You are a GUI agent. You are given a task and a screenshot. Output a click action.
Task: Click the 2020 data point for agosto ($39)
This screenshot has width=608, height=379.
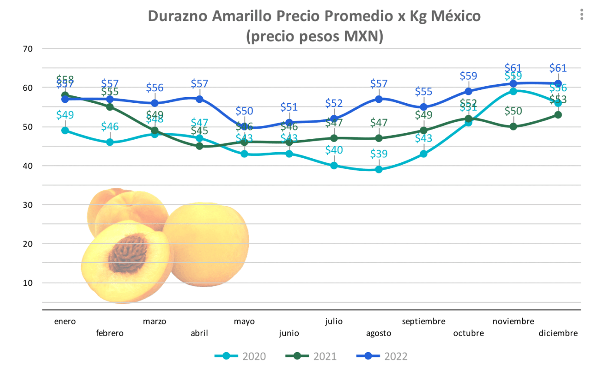coord(379,170)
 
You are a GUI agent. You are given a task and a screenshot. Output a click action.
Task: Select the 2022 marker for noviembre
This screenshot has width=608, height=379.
coord(513,84)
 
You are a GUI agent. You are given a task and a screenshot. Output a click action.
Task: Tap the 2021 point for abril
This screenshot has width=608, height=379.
coord(199,146)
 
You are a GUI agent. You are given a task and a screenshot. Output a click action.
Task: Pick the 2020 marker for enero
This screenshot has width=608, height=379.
coord(65,131)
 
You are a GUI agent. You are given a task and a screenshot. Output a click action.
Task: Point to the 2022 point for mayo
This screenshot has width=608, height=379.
coord(245,127)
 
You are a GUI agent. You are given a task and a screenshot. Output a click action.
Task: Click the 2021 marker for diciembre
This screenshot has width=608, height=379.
coord(558,115)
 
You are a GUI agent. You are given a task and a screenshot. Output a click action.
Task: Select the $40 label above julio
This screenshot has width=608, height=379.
coord(334,150)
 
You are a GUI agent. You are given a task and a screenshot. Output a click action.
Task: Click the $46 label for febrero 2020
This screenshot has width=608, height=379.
coord(110,127)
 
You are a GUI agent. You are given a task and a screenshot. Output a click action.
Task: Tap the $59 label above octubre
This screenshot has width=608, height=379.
coord(468,76)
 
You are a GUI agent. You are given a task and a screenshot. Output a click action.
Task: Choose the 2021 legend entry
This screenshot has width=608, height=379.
coord(311,356)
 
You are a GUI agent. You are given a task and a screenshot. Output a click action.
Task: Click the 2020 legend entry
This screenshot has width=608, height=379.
coord(240,356)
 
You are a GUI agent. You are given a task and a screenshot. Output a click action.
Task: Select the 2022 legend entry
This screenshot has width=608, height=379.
coord(382,356)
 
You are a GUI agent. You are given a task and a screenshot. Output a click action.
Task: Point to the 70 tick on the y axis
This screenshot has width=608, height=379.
coord(28,49)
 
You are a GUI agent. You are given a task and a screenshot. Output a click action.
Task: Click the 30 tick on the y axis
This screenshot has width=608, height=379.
coord(28,205)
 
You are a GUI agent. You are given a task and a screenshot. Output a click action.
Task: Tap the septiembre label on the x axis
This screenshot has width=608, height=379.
coord(423,321)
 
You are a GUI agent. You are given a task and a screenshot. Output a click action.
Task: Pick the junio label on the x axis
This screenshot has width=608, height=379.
coord(289,333)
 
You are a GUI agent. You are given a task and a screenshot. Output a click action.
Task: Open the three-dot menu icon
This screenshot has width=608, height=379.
coord(582,15)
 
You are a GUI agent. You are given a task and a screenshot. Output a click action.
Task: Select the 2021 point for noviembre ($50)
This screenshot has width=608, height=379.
coord(513,127)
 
